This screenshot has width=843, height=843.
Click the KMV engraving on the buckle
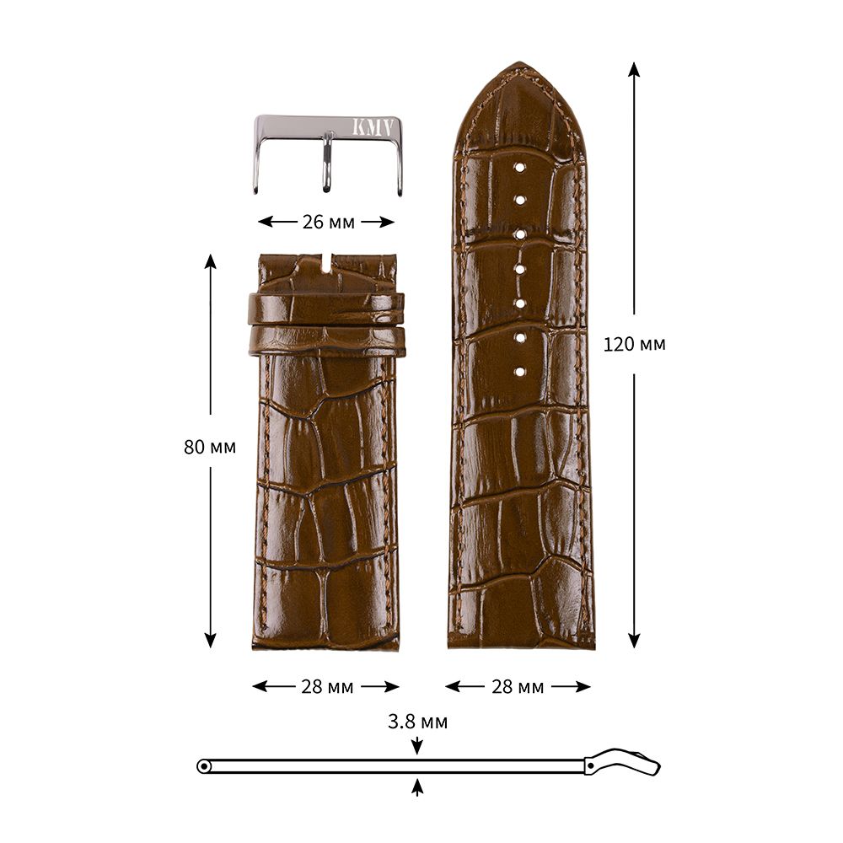[x=372, y=126]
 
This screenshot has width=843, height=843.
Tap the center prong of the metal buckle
[x=325, y=163]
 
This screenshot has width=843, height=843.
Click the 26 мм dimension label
[x=328, y=222]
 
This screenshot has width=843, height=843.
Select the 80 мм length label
[x=210, y=447]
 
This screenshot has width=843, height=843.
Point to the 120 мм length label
[x=635, y=344]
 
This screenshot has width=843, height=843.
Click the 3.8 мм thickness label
[x=418, y=722]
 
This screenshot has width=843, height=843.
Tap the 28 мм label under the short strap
[x=327, y=687]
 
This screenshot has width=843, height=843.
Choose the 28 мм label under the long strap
[x=518, y=687]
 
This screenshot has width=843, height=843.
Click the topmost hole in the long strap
[x=519, y=168]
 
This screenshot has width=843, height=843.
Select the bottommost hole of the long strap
[x=519, y=372]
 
